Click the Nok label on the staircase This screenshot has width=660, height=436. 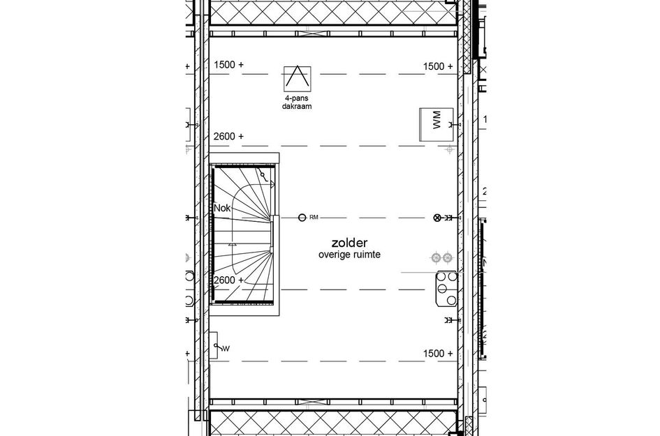222,208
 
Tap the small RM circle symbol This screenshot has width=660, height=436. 302,218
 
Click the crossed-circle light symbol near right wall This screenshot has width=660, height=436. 439,218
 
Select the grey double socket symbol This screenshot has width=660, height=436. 442,257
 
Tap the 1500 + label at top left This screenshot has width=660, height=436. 229,65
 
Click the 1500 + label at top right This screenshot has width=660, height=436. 438,66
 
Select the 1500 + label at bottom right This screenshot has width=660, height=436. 438,354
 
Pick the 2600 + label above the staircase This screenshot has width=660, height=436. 229,137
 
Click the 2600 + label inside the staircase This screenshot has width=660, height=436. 229,280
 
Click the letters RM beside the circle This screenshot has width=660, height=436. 314,218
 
